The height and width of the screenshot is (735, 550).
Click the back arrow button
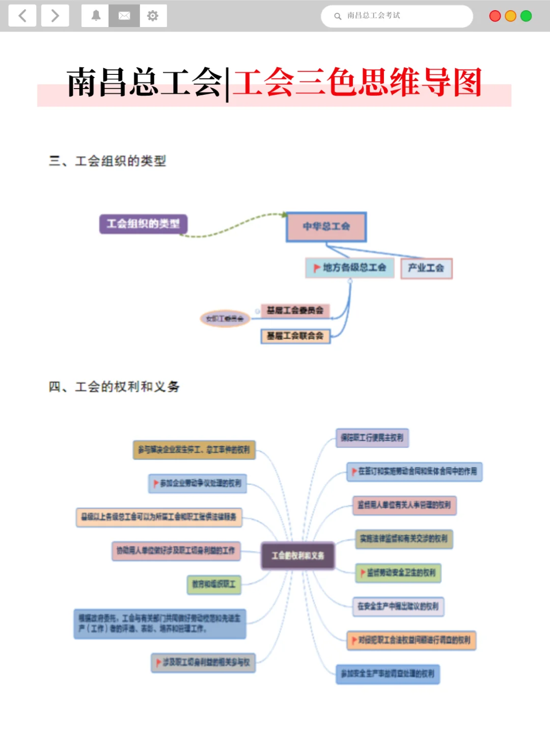click(22, 16)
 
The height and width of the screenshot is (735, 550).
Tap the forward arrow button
click(55, 16)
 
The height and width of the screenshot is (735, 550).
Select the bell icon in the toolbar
click(96, 16)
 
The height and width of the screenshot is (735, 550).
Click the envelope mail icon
click(124, 16)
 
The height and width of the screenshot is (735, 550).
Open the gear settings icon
click(153, 16)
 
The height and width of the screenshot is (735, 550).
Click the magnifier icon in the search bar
click(338, 16)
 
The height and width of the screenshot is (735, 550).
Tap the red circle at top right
click(494, 16)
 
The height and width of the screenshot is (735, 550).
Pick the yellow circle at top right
click(510, 16)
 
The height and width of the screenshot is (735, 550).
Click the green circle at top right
click(526, 16)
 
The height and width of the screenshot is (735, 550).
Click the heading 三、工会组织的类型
click(108, 161)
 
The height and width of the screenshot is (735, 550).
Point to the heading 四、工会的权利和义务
click(114, 387)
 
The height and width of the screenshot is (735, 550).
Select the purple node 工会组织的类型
click(143, 224)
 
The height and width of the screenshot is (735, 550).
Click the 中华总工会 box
click(326, 227)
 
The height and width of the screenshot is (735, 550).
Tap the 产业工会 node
click(426, 268)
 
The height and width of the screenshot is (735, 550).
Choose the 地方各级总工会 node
click(350, 268)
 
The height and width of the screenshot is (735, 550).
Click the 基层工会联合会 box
click(295, 336)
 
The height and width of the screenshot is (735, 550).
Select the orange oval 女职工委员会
click(225, 319)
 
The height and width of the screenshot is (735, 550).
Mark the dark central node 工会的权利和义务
click(298, 556)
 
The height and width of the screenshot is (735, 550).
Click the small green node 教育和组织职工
click(214, 584)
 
